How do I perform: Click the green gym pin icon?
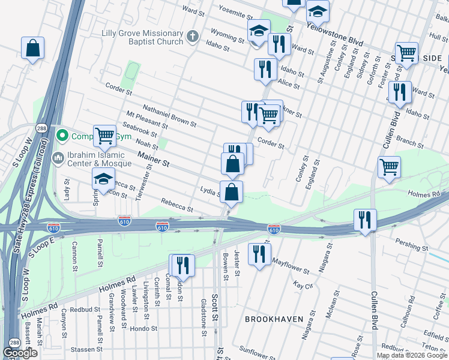61,136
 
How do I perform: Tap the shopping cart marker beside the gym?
105,136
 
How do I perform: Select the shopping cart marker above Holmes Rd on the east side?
390,167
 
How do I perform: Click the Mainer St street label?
154,159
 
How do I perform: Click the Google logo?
20,353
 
